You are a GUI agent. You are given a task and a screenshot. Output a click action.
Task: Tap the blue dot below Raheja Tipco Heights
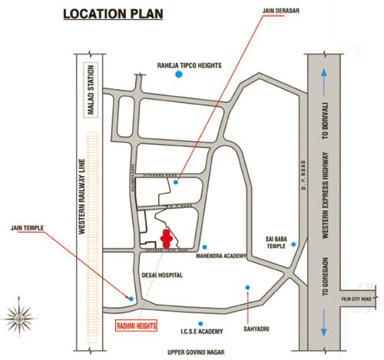(x=179, y=77)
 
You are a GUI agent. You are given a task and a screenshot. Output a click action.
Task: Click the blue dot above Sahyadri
(x=247, y=288)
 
